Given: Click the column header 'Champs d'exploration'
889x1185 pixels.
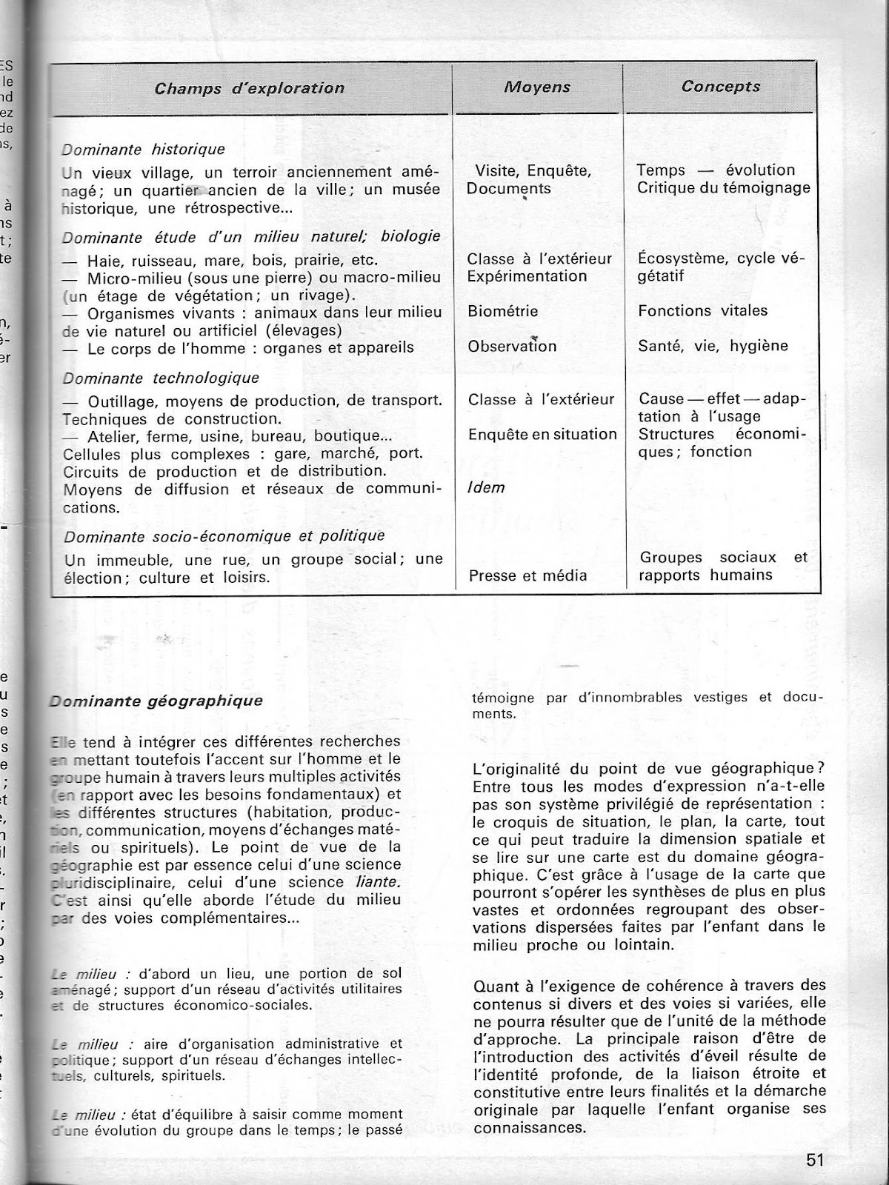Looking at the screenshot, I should [x=250, y=89].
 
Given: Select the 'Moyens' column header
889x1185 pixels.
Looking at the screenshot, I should [x=537, y=87].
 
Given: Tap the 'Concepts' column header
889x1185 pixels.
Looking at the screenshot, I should [x=721, y=87].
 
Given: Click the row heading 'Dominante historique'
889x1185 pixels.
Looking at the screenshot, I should [x=144, y=150].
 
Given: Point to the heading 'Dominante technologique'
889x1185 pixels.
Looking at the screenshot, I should [x=162, y=378].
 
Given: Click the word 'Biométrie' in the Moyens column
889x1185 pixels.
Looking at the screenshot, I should [x=502, y=312].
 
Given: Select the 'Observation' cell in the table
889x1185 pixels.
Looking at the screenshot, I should [x=512, y=347].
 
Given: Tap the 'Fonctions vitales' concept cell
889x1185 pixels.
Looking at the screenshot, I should [x=703, y=311].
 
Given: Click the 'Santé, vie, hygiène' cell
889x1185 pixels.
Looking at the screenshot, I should [x=713, y=346].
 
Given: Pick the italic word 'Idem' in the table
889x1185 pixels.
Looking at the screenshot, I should [x=486, y=488].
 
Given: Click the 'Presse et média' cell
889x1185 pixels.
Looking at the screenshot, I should [x=527, y=576].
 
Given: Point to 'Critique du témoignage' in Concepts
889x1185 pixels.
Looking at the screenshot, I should [x=724, y=188].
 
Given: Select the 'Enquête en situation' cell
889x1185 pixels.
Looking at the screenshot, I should [x=542, y=435].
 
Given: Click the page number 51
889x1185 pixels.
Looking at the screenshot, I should [x=816, y=1160].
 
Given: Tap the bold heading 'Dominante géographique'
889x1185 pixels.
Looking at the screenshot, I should [x=156, y=701].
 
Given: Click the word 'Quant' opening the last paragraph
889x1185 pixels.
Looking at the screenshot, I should [x=492, y=986].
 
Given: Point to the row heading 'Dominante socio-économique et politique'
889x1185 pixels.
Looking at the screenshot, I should [x=224, y=536].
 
